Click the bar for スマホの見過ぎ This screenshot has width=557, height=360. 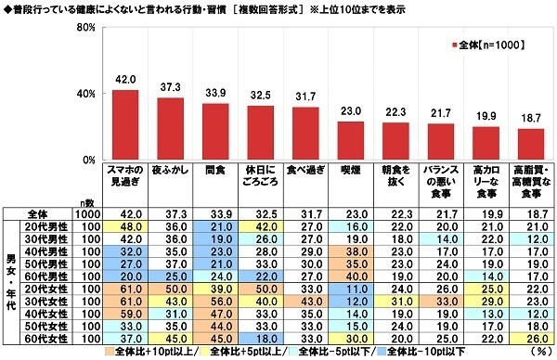[x=124, y=124]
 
